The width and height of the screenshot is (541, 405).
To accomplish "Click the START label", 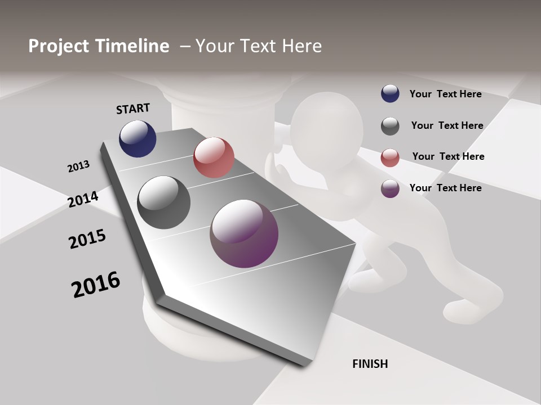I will coord(133,109).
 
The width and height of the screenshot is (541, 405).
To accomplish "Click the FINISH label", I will coord(370,364).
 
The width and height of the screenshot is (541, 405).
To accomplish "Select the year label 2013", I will coord(78,166).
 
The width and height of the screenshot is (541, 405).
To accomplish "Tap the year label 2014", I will coord(83,199).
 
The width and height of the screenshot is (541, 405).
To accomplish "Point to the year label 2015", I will coord(87,239).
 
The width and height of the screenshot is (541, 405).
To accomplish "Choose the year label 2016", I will coord(96,284).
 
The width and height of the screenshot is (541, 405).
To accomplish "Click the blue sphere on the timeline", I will coord(138,138).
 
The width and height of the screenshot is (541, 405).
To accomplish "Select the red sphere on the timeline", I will coord(214,157).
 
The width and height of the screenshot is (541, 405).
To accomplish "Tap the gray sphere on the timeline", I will coord(163,202).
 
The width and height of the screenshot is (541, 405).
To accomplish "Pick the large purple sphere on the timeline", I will coord(244,233).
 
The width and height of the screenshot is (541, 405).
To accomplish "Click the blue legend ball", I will coord(390,94).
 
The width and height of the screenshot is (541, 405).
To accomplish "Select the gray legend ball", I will coord(390,126).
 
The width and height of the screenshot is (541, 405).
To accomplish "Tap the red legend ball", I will coord(390,157).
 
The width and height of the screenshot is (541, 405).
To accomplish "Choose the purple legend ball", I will coord(390,188).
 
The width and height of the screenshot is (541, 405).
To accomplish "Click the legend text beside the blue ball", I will coord(445,94).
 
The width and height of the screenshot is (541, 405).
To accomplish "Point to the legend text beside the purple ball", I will coord(445,188).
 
